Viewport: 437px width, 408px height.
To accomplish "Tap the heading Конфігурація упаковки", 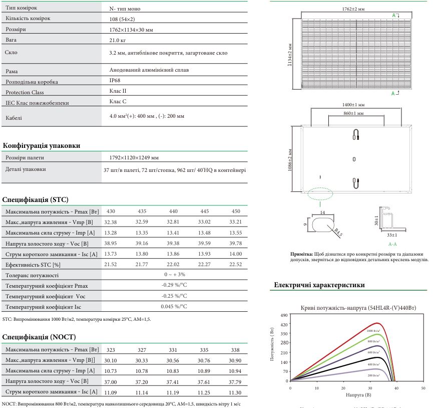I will pos(42,146).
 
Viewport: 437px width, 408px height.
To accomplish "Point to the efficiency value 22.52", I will pos(236,264).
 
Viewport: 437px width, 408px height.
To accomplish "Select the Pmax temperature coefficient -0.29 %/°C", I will pos(174,285).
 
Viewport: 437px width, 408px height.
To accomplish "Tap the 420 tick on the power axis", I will pos(285,324).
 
